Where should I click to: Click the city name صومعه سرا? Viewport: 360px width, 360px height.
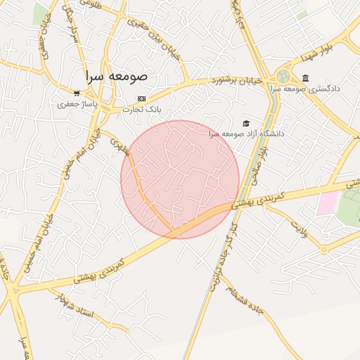pos(115,75)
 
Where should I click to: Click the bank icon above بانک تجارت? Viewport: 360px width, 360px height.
pos(141,98)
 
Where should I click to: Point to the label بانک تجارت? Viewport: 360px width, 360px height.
pos(143,109)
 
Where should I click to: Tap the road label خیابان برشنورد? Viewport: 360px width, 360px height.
pos(236,80)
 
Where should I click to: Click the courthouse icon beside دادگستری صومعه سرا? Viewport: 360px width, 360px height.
pos(304,78)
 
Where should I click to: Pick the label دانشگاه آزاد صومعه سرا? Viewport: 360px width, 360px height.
pos(246,133)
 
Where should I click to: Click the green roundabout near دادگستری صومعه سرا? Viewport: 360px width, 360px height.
pos(283,75)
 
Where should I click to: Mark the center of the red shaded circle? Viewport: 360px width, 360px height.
pos(180,179)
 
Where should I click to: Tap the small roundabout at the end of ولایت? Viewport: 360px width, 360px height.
pos(323,249)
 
